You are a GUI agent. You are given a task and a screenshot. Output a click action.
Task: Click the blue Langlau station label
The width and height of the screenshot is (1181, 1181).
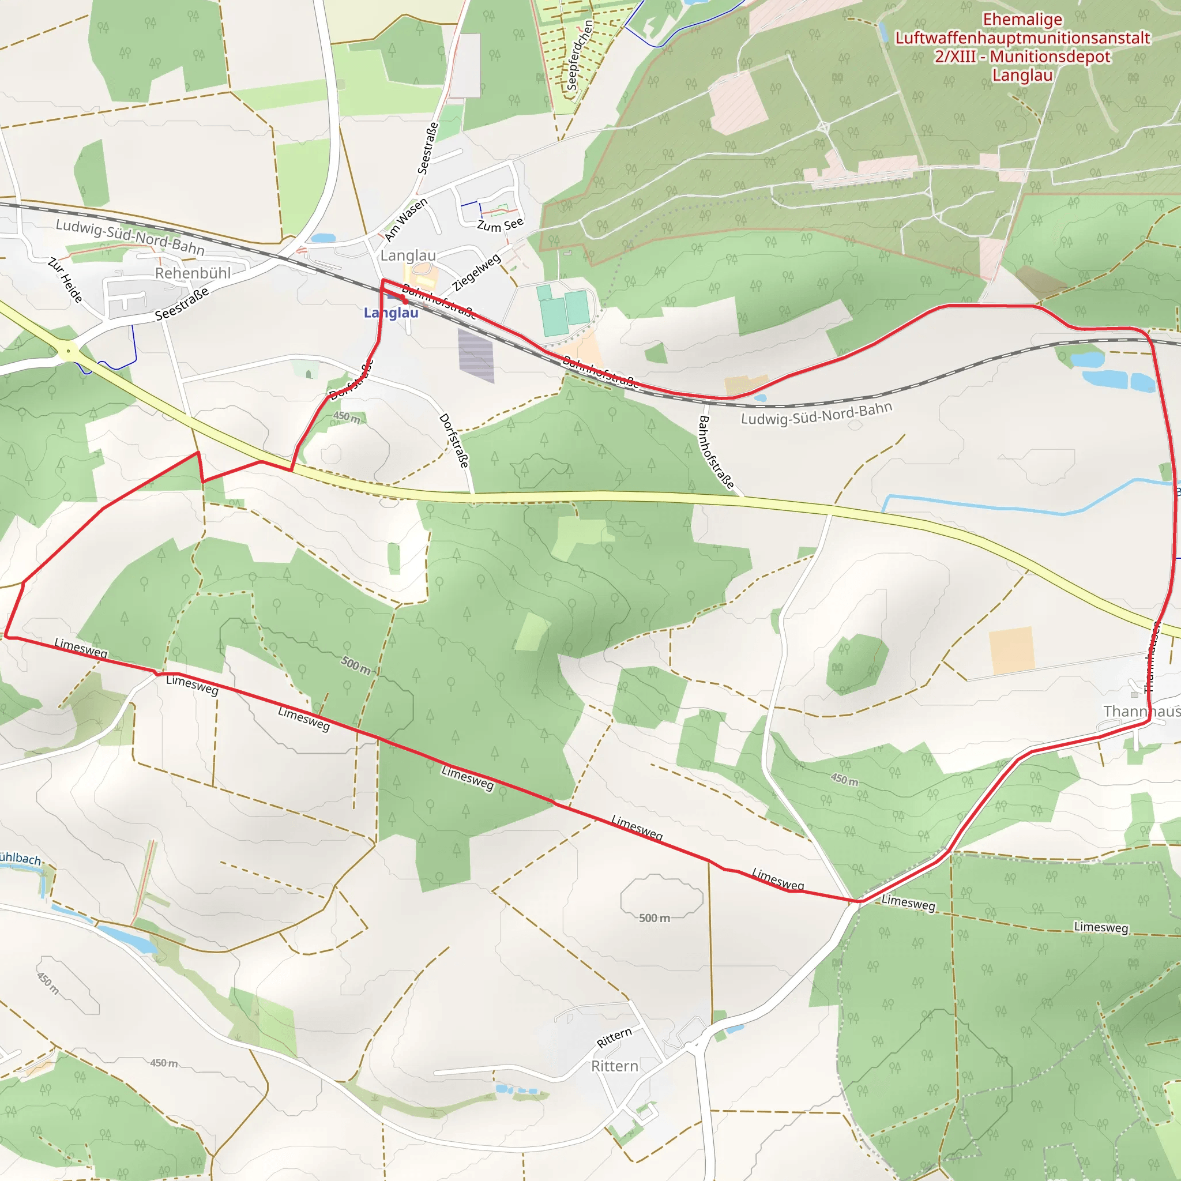[x=390, y=313]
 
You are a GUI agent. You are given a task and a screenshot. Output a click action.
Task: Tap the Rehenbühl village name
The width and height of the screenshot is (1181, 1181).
[x=193, y=273]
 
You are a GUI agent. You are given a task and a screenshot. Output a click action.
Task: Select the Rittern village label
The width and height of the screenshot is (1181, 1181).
[x=614, y=1066]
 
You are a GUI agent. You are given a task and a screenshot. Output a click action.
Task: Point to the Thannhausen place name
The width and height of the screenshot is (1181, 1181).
[x=1141, y=712]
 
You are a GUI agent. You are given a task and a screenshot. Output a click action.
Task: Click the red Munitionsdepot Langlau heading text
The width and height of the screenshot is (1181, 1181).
[x=1022, y=48]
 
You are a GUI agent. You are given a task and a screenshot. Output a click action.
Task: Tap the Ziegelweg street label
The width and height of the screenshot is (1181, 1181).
[x=477, y=273]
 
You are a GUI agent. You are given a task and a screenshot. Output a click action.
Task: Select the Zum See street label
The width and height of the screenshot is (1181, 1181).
[x=500, y=225]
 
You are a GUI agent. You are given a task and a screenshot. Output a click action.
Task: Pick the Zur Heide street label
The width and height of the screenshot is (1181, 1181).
[x=65, y=280]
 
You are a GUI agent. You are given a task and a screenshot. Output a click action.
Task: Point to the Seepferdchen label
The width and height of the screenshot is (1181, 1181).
[x=579, y=55]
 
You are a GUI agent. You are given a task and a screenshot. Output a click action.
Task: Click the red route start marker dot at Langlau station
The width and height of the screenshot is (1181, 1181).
[x=404, y=300]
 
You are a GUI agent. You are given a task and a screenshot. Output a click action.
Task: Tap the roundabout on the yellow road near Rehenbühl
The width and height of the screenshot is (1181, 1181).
[x=69, y=351]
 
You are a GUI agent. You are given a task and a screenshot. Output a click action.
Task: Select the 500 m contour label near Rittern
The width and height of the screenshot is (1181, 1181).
[x=654, y=918]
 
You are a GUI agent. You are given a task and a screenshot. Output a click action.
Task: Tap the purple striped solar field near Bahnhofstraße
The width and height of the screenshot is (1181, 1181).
[x=476, y=355]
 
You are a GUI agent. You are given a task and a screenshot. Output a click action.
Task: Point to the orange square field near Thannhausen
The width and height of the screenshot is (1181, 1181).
[x=1011, y=650]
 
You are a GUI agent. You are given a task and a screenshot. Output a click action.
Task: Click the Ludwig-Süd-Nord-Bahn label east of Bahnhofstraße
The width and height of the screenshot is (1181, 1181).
[x=816, y=414]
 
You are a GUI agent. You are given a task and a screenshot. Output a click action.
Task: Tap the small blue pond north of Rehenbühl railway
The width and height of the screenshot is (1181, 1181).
[x=323, y=238]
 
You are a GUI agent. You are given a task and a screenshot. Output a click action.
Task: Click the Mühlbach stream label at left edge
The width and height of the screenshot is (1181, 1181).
[x=20, y=859]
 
